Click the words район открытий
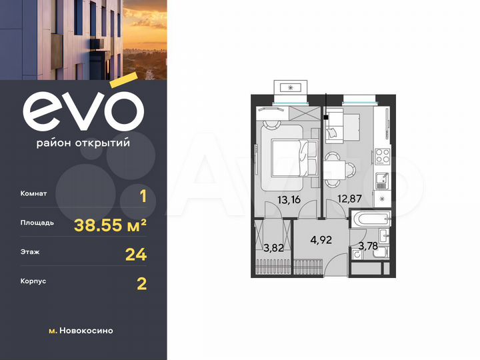point(83,142)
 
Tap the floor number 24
point(135,254)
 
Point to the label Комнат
point(34,194)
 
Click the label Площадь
point(37,223)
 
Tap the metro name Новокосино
point(81,331)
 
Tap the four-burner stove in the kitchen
point(383,157)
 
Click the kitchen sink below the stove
point(383,179)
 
